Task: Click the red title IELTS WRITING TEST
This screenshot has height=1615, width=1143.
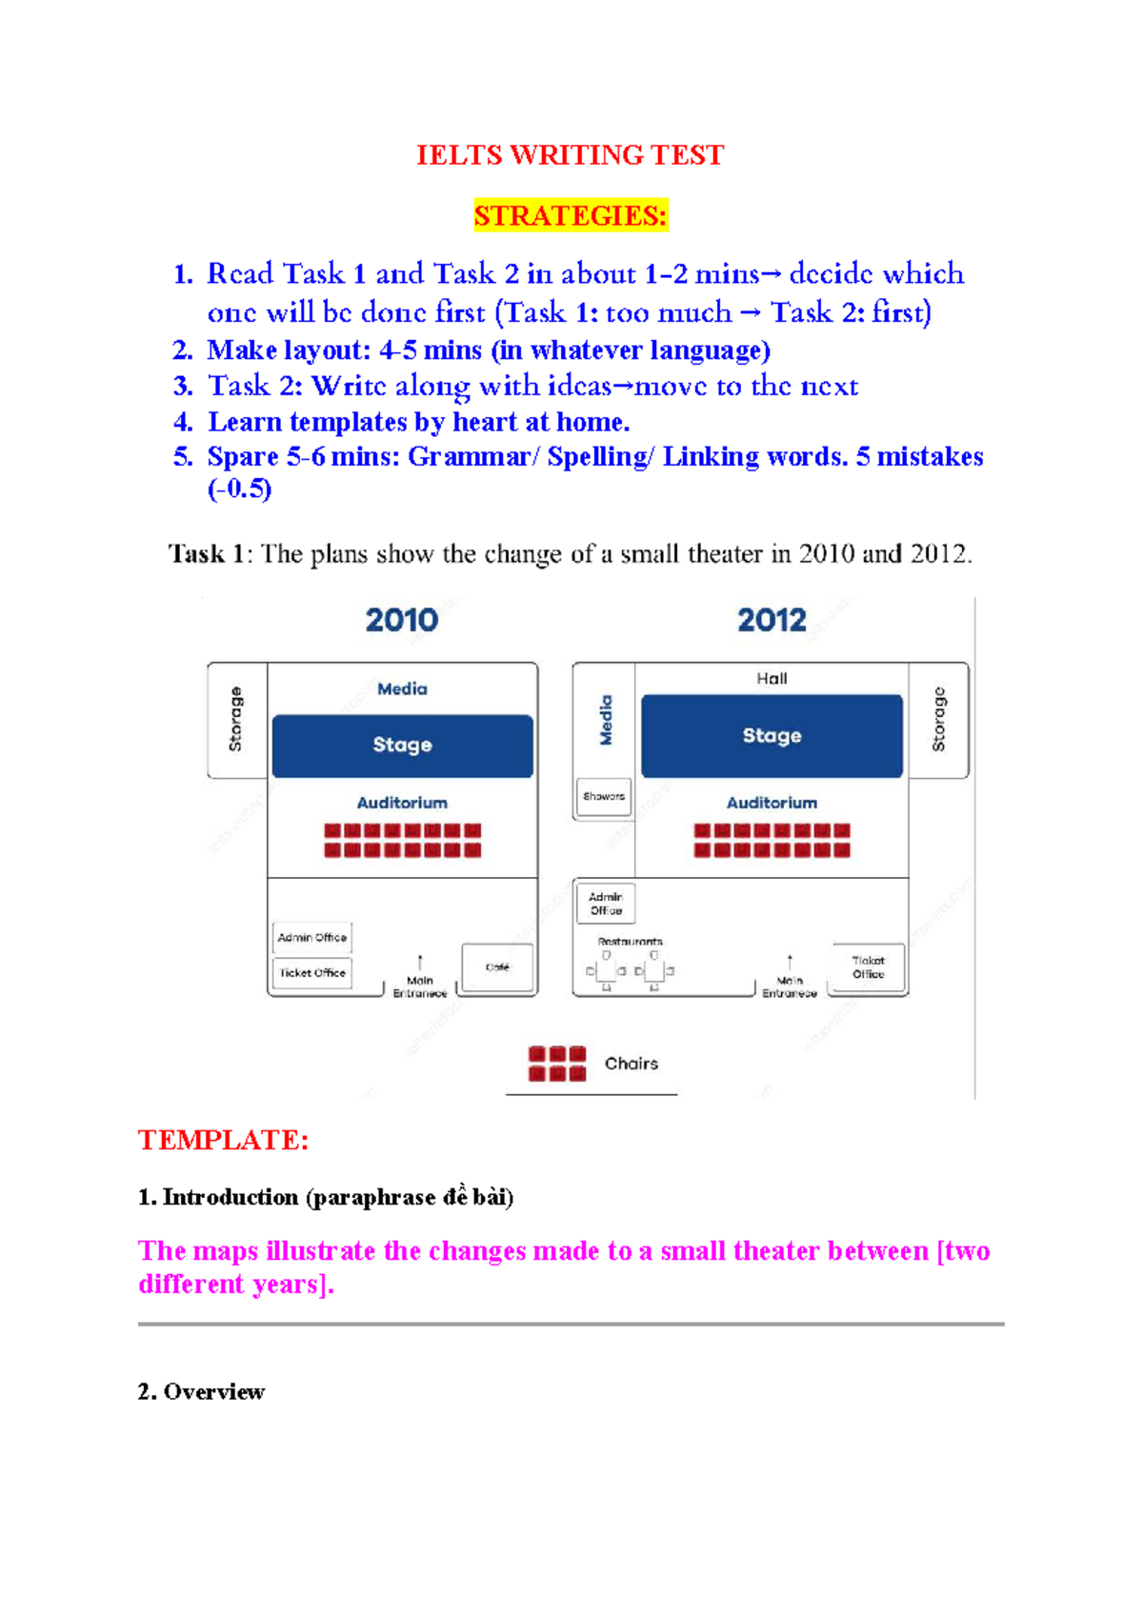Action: (570, 155)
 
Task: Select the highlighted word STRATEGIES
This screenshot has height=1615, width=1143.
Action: (570, 216)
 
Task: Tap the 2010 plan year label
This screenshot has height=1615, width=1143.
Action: (402, 620)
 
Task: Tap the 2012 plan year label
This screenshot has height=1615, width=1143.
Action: (772, 620)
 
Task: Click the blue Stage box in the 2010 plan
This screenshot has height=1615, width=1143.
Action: (402, 746)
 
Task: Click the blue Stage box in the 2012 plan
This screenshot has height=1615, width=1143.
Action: (772, 736)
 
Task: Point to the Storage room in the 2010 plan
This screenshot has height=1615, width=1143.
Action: (236, 720)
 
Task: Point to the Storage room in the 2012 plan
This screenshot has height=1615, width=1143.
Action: (939, 720)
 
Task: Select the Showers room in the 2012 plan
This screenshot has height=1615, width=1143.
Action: (604, 797)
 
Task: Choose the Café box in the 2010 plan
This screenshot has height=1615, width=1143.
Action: (498, 967)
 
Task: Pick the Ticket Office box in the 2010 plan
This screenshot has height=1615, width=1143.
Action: (312, 973)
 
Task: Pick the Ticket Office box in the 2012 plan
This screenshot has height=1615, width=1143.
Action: (868, 967)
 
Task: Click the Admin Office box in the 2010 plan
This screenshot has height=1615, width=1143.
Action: (312, 938)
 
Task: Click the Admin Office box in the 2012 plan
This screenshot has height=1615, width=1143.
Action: (606, 904)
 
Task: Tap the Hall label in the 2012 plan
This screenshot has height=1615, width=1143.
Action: (772, 679)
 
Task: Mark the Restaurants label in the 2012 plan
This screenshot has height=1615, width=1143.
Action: (630, 942)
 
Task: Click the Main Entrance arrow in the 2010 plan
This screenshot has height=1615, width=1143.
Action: (420, 962)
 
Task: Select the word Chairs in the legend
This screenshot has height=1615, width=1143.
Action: (631, 1064)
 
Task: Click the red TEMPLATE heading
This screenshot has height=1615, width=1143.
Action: (223, 1140)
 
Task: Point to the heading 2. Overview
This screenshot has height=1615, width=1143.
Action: (201, 1391)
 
